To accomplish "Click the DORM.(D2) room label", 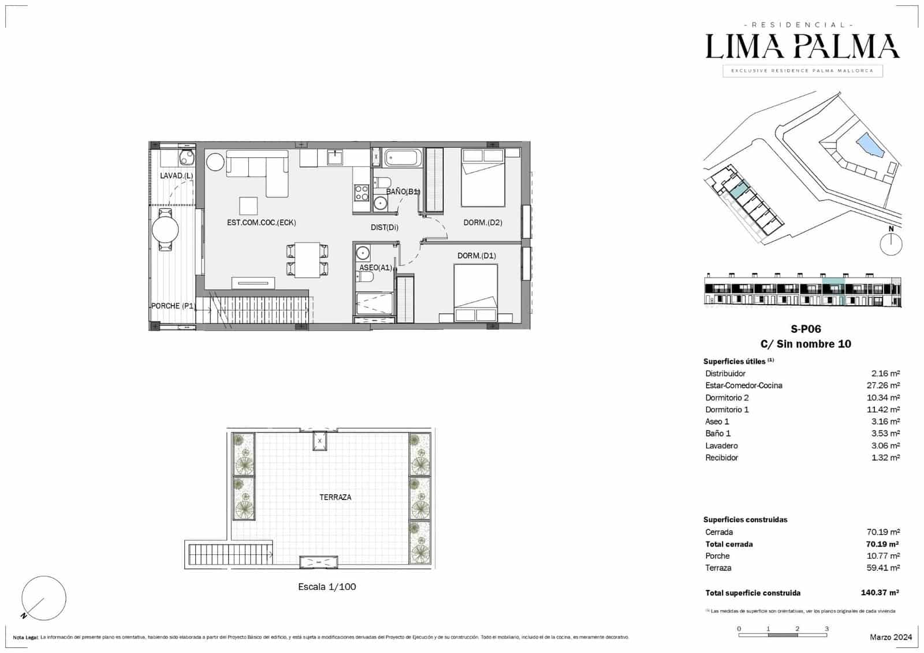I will (x=483, y=222).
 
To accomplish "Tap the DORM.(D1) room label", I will (x=476, y=256).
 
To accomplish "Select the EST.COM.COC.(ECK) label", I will (x=261, y=222).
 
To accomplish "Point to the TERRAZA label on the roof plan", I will (x=335, y=497).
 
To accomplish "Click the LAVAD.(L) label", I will (x=176, y=176).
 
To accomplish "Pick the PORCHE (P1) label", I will (x=173, y=306).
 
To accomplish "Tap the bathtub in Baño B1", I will (x=404, y=158).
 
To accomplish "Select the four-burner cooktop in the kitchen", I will (x=362, y=192).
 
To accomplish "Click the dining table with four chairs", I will (x=308, y=260).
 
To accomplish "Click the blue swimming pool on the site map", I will (x=870, y=144).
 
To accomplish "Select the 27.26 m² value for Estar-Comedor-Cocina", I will (x=885, y=385).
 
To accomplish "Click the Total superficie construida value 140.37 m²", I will (x=880, y=593).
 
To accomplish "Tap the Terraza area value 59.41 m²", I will (x=885, y=568).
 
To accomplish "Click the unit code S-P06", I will (x=806, y=329).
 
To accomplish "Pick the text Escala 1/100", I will (x=327, y=587).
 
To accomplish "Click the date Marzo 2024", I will (x=891, y=637).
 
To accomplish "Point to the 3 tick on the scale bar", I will (x=826, y=629).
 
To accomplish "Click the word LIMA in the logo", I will (x=744, y=47).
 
